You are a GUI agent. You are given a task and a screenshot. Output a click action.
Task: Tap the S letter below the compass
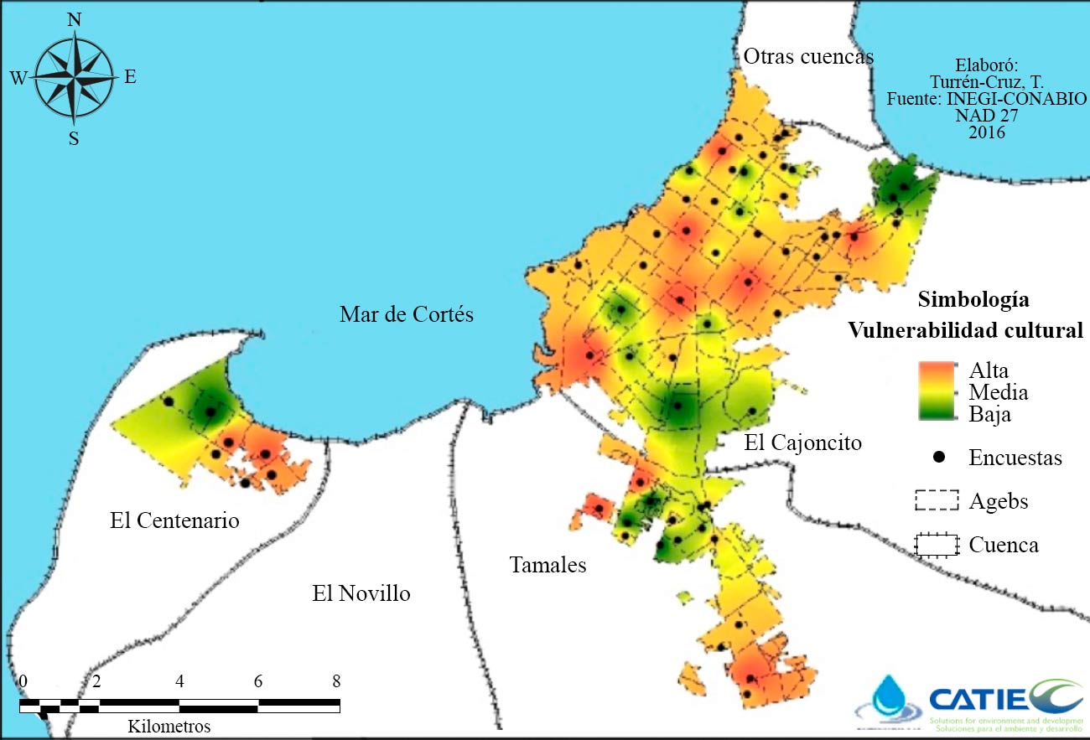[x=74, y=139]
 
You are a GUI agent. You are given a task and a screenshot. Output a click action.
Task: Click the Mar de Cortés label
[x=407, y=315]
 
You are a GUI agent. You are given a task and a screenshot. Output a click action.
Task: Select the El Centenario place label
[x=174, y=520]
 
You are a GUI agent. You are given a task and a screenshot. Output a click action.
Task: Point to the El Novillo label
[x=361, y=594]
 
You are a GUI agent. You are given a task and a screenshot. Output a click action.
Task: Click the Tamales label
[x=548, y=566]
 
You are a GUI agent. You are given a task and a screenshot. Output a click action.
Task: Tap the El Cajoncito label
[x=802, y=442]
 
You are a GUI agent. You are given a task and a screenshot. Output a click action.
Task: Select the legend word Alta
[x=989, y=371]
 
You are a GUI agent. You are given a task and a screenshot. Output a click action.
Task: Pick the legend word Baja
[x=989, y=414]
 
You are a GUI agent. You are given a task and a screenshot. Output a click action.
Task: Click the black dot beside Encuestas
[x=939, y=457]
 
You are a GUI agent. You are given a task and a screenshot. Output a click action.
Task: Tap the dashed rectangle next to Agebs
[x=936, y=501]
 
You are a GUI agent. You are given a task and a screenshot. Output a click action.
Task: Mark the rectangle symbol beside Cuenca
[x=936, y=545]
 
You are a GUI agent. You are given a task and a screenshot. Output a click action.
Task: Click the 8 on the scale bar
[x=335, y=680]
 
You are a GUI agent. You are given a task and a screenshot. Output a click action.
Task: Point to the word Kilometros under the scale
[x=169, y=725]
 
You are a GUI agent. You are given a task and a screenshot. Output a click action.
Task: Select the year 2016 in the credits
[x=986, y=132]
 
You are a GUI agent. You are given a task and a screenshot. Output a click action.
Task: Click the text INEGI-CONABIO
[x=1015, y=99]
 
